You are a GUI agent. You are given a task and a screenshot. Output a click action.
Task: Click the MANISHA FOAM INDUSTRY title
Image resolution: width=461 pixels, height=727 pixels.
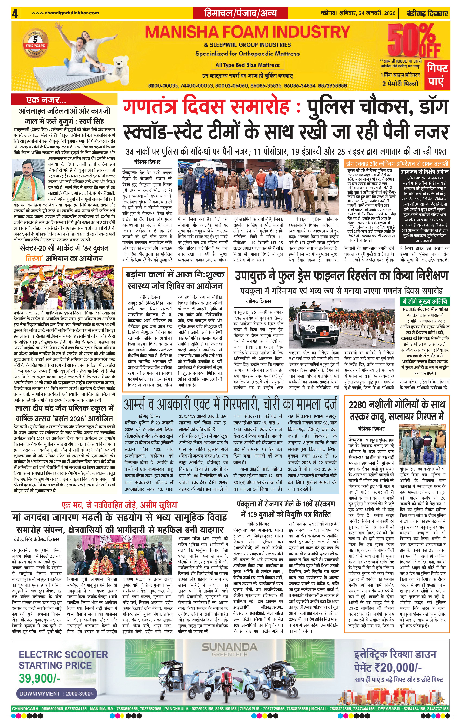(247, 32)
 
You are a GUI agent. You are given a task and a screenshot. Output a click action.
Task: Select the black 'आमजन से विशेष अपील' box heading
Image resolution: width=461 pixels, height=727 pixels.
(424, 172)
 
